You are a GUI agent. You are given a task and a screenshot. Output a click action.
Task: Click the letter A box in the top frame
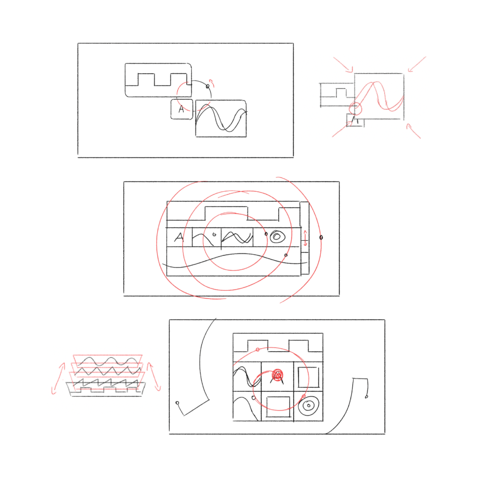pyautogui.click(x=181, y=109)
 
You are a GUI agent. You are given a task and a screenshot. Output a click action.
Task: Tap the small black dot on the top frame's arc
pyautogui.click(x=208, y=86)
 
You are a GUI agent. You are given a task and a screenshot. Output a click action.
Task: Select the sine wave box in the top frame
pyautogui.click(x=221, y=119)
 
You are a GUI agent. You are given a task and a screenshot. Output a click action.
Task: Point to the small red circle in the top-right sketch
pyautogui.click(x=355, y=109)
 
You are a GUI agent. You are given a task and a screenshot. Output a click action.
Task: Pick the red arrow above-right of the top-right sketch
pyautogui.click(x=417, y=64)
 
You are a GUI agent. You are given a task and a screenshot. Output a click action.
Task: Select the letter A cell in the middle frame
pyautogui.click(x=179, y=237)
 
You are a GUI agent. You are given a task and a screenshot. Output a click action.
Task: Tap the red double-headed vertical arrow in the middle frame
pyautogui.click(x=305, y=238)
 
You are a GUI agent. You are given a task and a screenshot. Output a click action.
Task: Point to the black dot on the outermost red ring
pyautogui.click(x=321, y=237)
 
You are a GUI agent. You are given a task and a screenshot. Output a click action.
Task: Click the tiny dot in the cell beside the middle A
pyautogui.click(x=214, y=234)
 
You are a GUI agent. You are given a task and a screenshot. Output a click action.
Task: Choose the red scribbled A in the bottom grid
pyautogui.click(x=277, y=375)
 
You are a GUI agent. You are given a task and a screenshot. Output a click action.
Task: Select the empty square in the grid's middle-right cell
pyautogui.click(x=308, y=377)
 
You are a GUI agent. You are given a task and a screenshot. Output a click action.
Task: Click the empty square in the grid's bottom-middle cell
pyautogui.click(x=278, y=407)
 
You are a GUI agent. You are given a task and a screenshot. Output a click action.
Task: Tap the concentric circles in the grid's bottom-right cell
pyautogui.click(x=308, y=405)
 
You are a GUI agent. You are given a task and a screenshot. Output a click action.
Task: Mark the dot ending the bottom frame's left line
pyautogui.click(x=177, y=403)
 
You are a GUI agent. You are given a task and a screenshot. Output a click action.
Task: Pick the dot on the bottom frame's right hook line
pyautogui.click(x=366, y=396)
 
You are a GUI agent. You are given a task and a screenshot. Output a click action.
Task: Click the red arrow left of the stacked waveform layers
pyautogui.click(x=57, y=378)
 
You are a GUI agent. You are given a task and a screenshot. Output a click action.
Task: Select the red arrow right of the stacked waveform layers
pyautogui.click(x=154, y=377)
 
